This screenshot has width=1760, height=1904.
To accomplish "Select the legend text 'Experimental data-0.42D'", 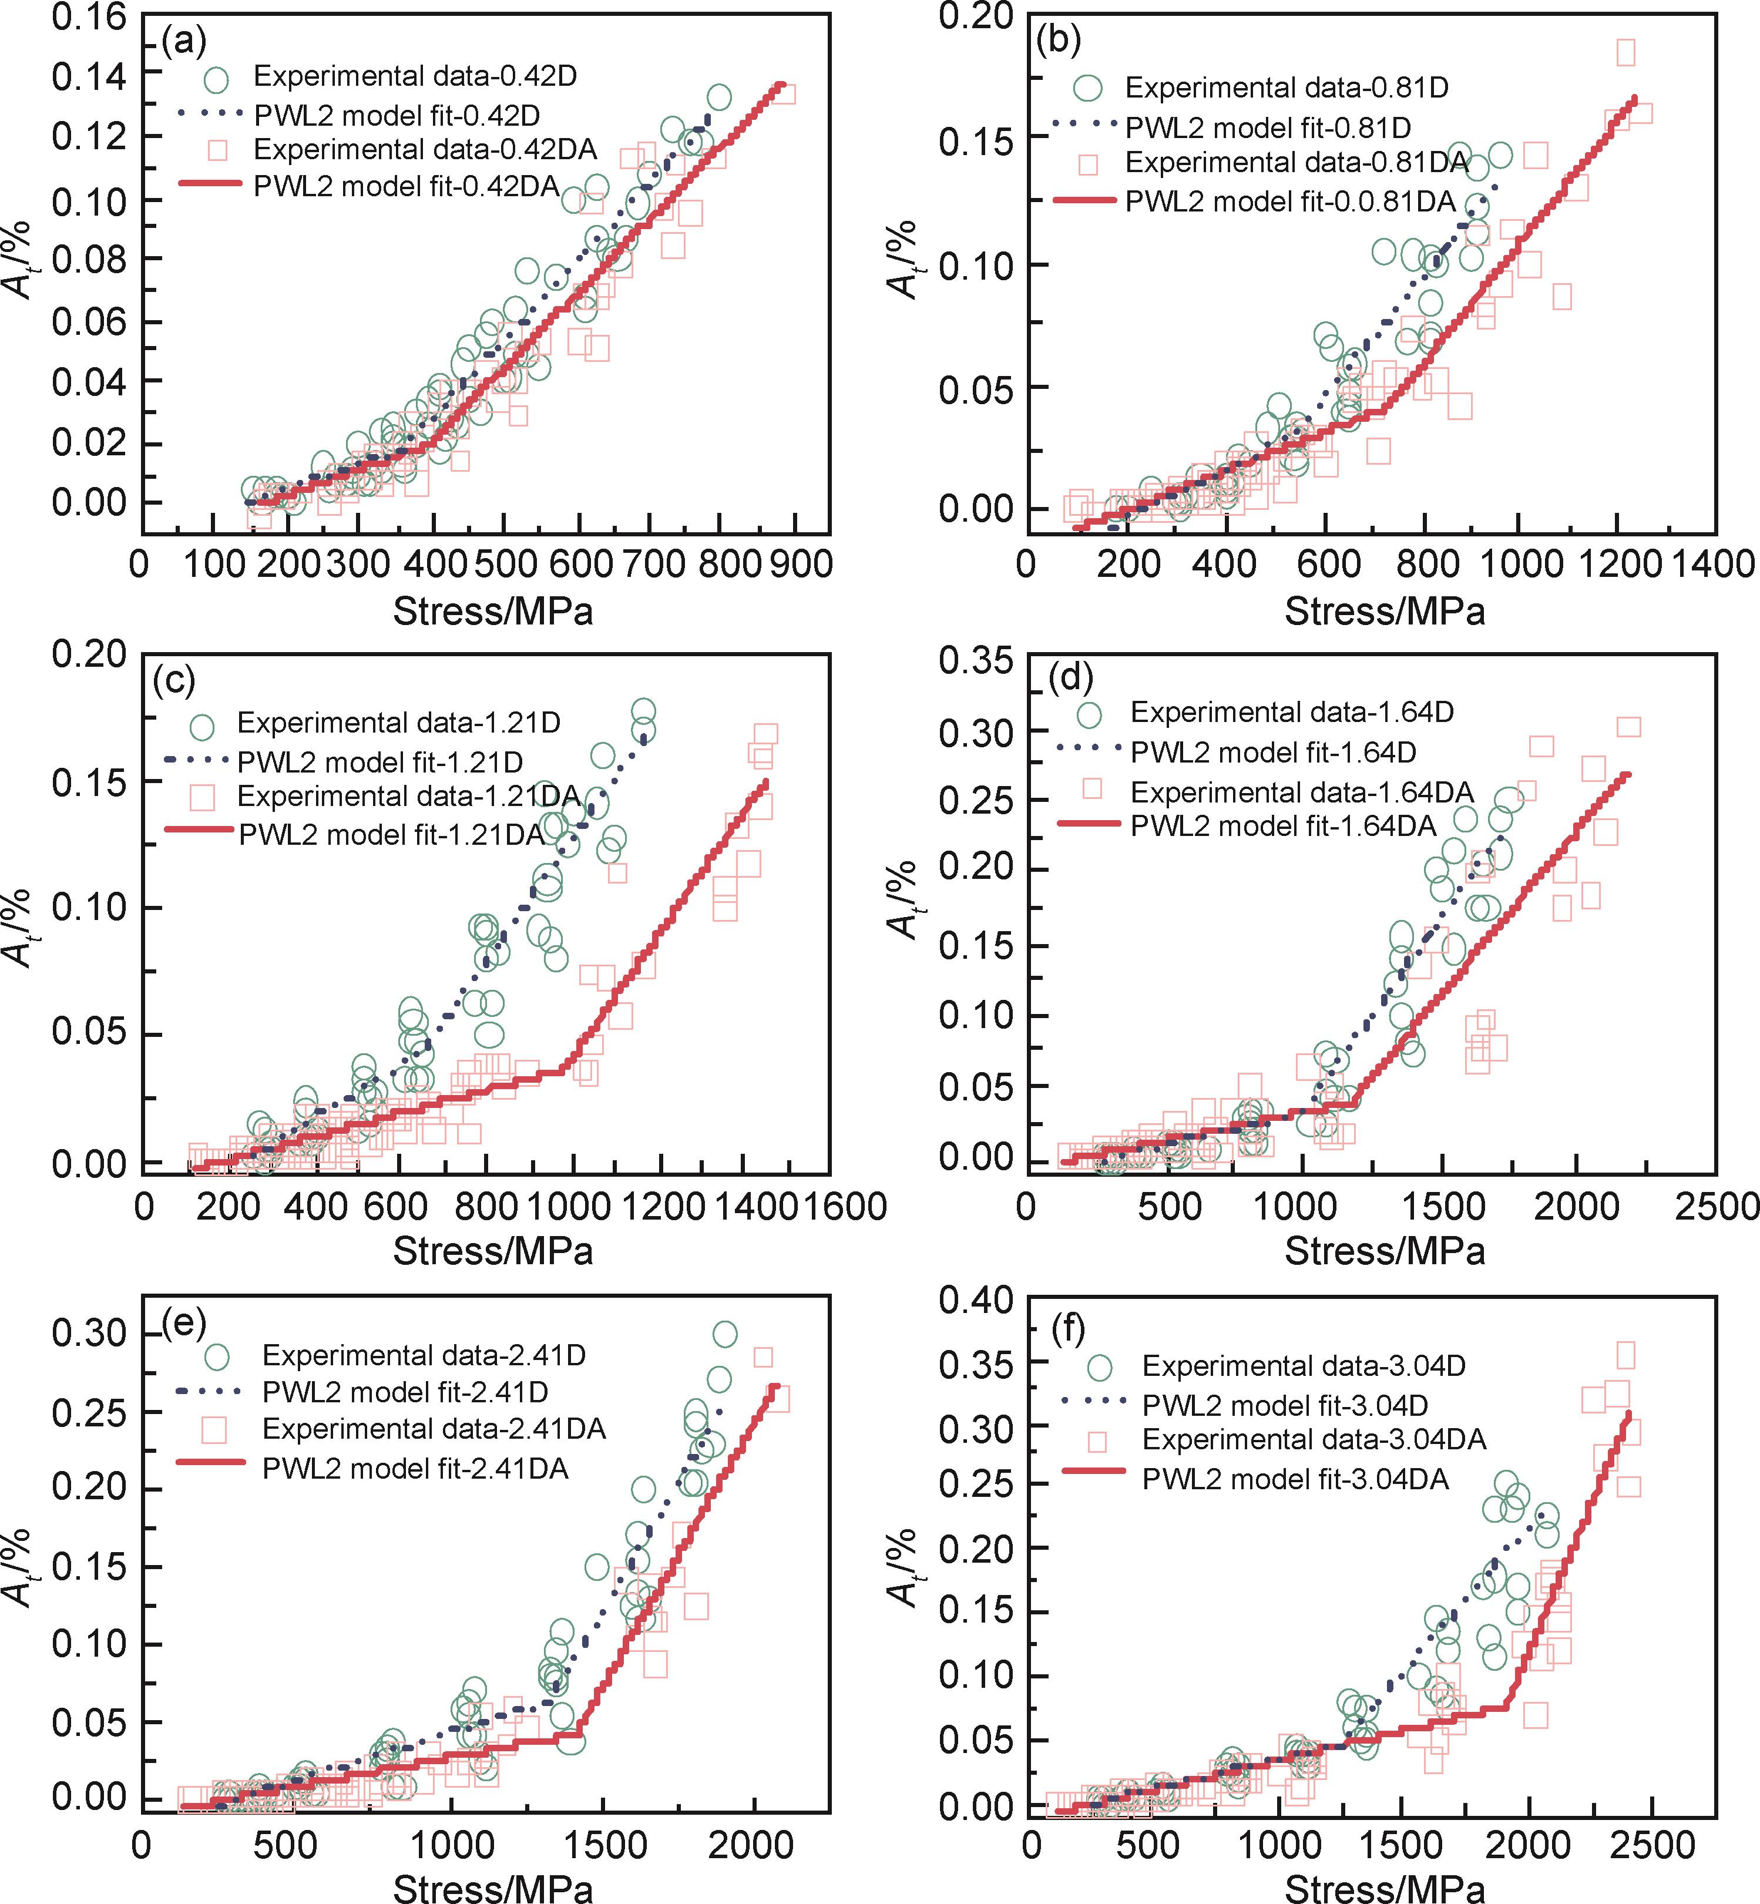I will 415,76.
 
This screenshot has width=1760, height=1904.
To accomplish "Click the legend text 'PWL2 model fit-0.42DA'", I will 407,186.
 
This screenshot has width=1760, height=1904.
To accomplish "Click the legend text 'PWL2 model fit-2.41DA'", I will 415,1469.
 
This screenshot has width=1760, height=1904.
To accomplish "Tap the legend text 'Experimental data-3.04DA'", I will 1314,1439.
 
